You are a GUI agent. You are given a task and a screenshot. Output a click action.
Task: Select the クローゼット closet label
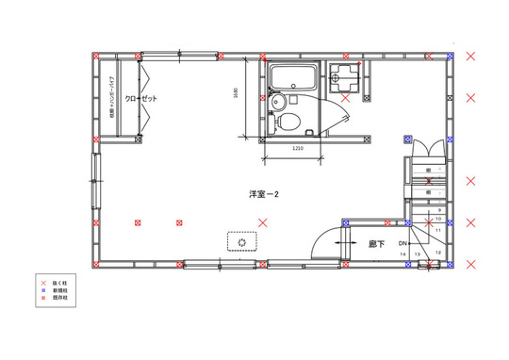[x=137, y=99]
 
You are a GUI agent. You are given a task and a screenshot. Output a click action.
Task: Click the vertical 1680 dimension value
[x=236, y=94]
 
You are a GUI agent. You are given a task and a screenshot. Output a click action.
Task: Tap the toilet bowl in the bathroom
[x=290, y=121]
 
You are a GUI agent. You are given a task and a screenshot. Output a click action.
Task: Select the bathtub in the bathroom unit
[x=294, y=78]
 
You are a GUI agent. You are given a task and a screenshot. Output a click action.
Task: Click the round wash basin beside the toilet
[x=276, y=103]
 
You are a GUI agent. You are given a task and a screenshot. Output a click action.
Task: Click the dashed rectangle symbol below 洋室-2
[x=242, y=242]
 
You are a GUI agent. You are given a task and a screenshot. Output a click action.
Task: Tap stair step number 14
[x=403, y=254]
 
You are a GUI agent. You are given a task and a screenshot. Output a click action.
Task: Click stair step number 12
[x=438, y=252]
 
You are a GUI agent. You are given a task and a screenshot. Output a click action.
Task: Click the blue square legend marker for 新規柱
[x=42, y=290]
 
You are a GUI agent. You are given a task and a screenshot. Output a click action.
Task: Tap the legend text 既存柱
[x=59, y=299]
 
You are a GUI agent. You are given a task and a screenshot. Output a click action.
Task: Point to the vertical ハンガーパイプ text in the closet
[x=112, y=94]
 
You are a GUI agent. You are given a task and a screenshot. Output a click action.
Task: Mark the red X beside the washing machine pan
[x=345, y=97]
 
